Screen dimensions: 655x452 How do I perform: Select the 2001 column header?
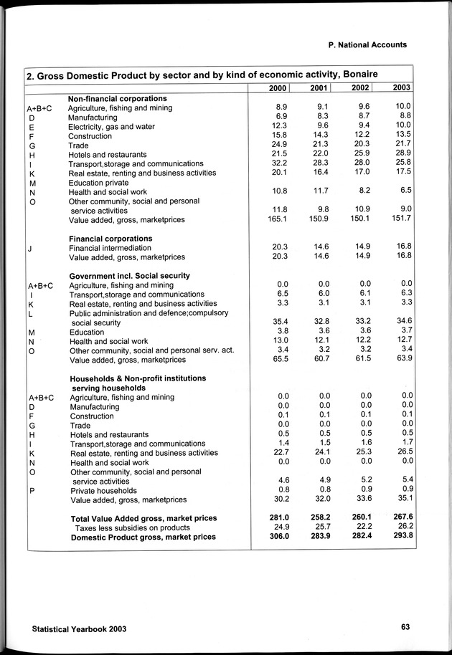tap(319, 87)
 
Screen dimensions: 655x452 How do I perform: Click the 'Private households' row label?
tap(103, 491)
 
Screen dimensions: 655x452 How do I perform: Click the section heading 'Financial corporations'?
tap(110, 238)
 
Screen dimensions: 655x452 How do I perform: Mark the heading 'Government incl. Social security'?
tap(129, 275)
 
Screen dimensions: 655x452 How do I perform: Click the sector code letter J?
tap(29, 248)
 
